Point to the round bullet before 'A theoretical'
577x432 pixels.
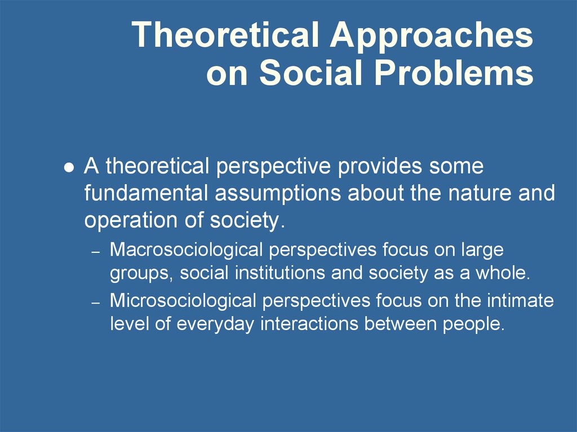(69, 168)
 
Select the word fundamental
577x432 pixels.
(147, 193)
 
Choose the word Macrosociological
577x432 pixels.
(186, 251)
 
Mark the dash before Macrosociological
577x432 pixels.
(96, 252)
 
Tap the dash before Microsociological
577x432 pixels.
(96, 303)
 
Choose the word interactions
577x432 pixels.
(309, 324)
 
